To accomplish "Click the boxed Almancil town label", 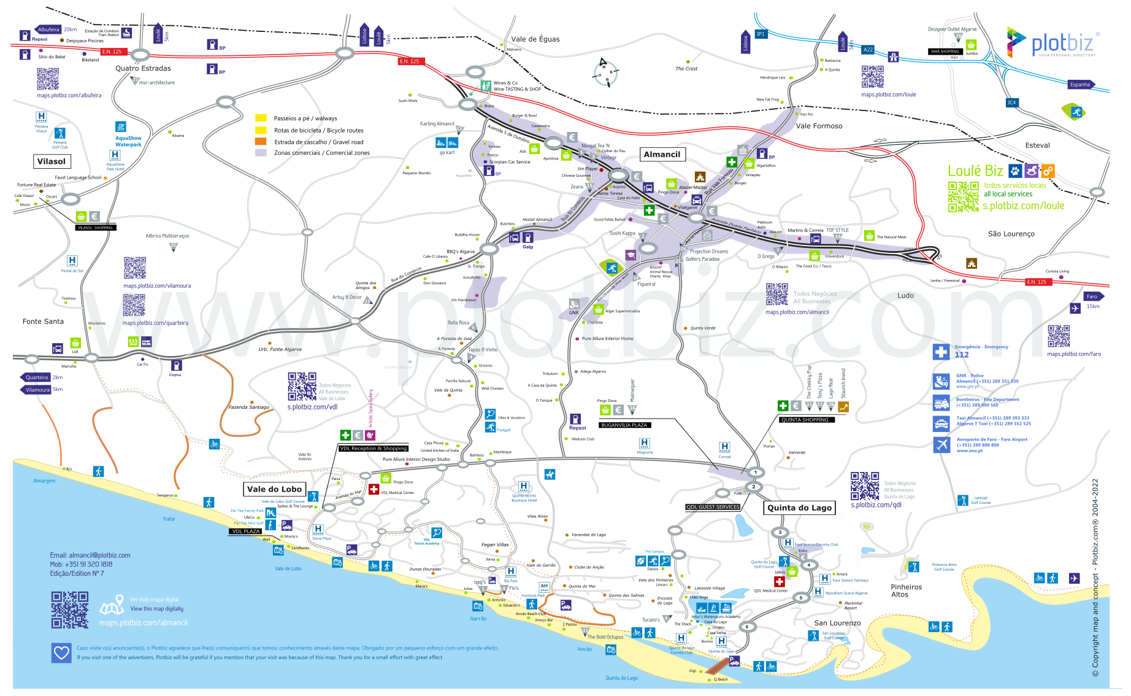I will click(662, 155).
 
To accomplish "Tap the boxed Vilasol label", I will click(52, 161).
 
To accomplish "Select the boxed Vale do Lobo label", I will click(274, 489).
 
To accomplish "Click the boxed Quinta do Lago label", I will click(799, 508).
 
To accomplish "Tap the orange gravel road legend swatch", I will click(261, 142).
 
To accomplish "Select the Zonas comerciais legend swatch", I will click(261, 153).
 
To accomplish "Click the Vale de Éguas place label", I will click(535, 39).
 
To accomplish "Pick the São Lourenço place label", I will click(1011, 234).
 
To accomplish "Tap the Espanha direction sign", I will click(1080, 85).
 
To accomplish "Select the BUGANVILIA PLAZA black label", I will click(624, 425).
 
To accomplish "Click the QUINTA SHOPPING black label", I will click(805, 420).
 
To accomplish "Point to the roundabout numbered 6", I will click(747, 627).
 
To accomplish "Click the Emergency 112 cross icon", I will click(941, 352).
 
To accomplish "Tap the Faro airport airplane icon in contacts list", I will click(941, 444).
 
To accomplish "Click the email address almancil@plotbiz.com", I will click(90, 555).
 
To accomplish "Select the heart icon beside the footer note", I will click(61, 652).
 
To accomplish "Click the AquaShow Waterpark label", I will click(128, 142).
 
